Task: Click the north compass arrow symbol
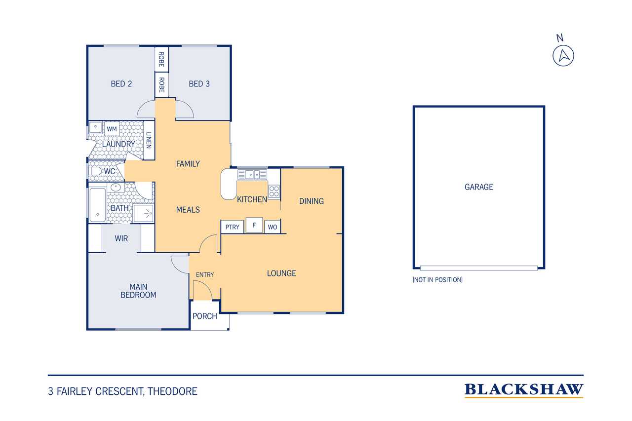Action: tap(563, 56)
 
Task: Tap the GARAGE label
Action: tap(479, 187)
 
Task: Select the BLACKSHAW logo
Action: tap(524, 390)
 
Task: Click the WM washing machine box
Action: tap(112, 129)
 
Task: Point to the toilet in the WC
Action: tap(95, 171)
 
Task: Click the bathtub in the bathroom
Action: tap(97, 205)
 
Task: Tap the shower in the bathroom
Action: tap(144, 213)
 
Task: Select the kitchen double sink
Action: tap(252, 175)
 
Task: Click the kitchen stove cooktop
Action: tap(274, 191)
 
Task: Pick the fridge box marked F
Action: tap(254, 225)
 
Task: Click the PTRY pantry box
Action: tap(232, 227)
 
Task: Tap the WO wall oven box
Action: tap(272, 227)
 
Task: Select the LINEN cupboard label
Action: tap(149, 140)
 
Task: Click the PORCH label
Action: tap(205, 316)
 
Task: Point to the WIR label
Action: tap(121, 238)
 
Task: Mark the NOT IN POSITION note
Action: tap(437, 280)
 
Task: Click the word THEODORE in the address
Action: tap(172, 391)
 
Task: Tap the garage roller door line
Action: tap(479, 268)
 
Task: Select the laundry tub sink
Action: tap(96, 127)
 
